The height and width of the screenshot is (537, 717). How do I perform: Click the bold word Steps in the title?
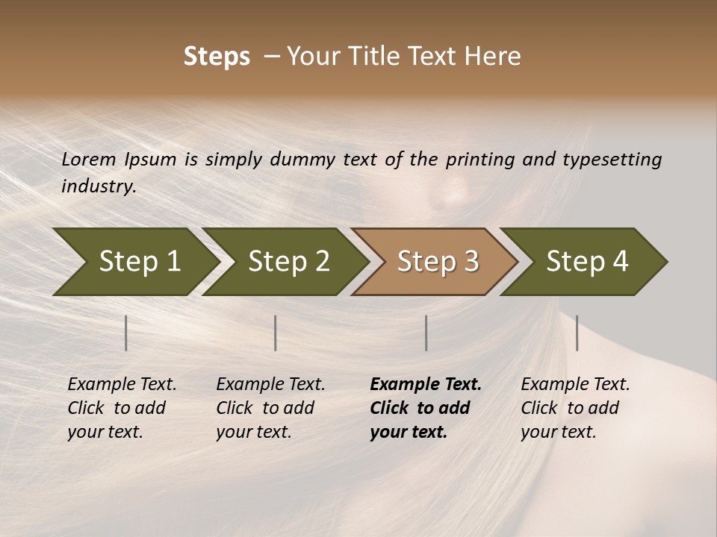(x=217, y=57)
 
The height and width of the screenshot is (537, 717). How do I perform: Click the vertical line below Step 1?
(x=126, y=333)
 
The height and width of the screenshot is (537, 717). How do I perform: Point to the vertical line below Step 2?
(x=276, y=333)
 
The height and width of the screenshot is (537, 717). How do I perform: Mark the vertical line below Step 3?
(x=426, y=333)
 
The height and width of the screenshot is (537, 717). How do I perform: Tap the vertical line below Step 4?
(x=577, y=333)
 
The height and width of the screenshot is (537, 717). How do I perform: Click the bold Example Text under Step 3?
(x=426, y=384)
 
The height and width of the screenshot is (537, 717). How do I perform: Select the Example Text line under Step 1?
(x=122, y=384)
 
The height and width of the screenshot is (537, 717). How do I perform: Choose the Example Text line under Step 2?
(x=270, y=384)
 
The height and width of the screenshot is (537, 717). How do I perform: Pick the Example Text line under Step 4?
(x=575, y=384)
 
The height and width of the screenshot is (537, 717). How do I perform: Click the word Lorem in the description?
(x=89, y=159)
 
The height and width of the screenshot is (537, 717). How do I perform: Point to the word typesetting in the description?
(x=612, y=160)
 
